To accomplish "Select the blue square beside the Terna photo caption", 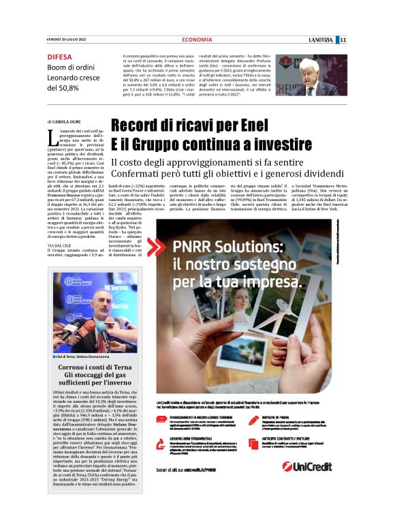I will point(53,357).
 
